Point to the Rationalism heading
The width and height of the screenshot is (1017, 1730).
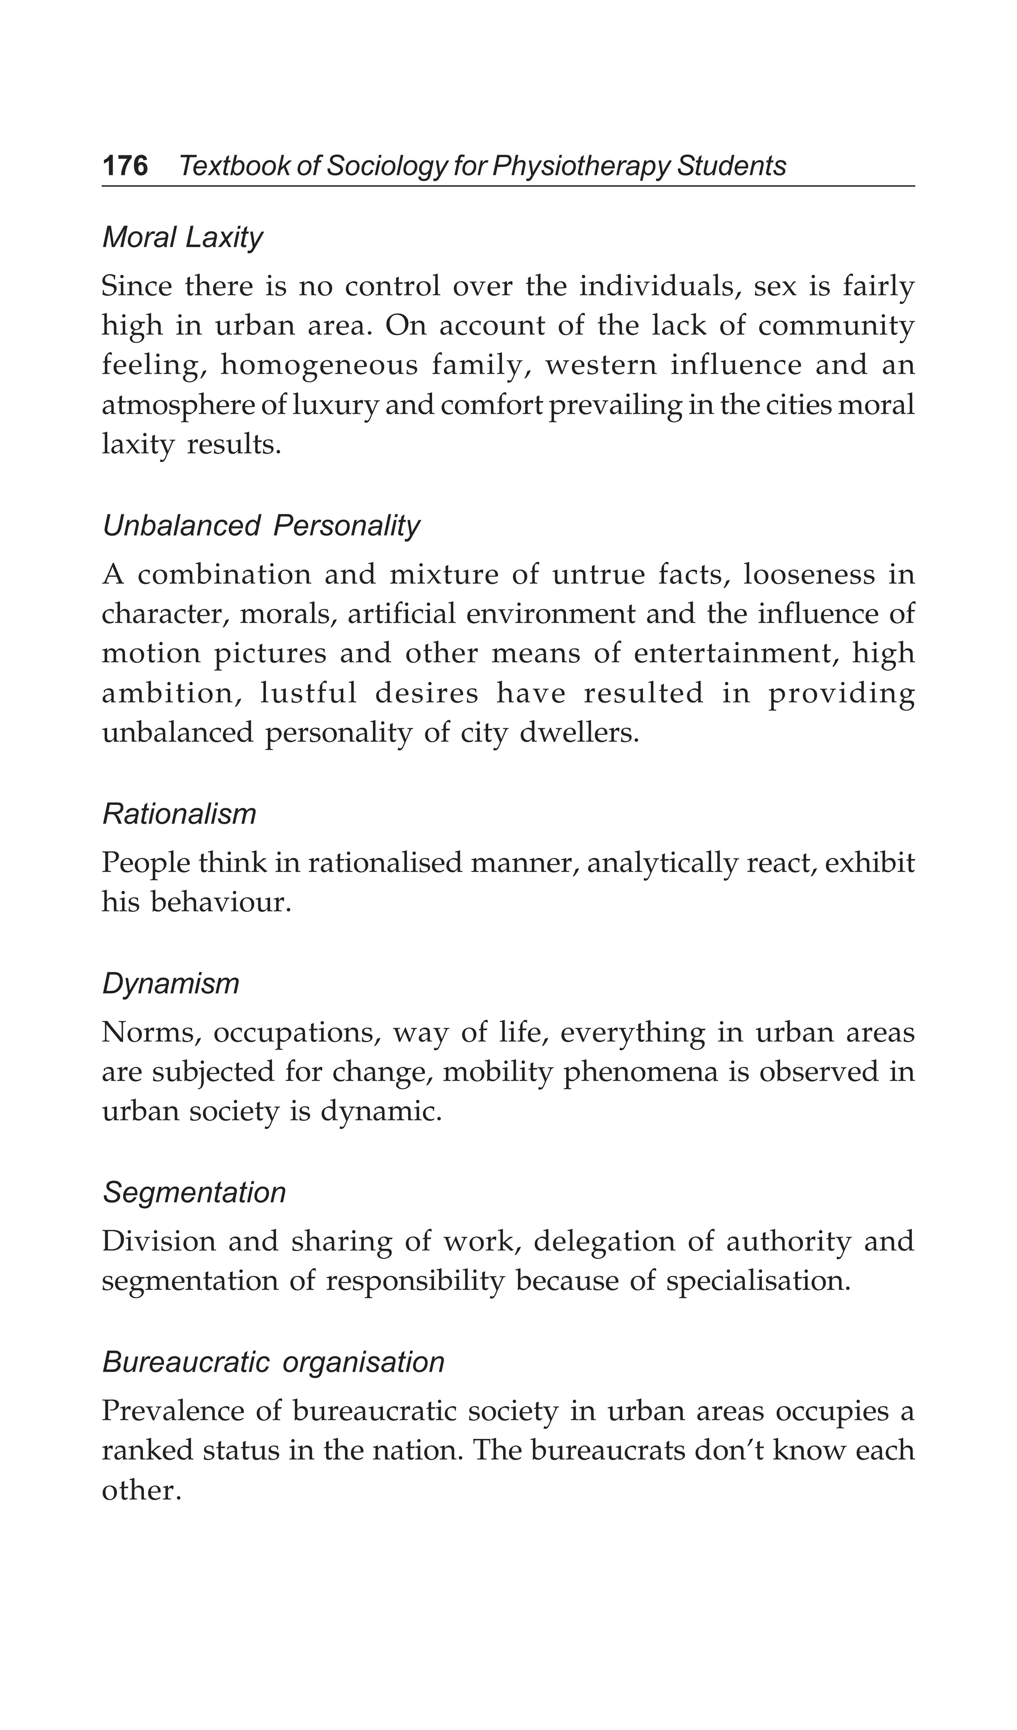179,814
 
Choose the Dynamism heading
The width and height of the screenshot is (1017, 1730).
171,984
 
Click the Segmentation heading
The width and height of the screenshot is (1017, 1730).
194,1192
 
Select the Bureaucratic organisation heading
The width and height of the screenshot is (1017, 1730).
273,1362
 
